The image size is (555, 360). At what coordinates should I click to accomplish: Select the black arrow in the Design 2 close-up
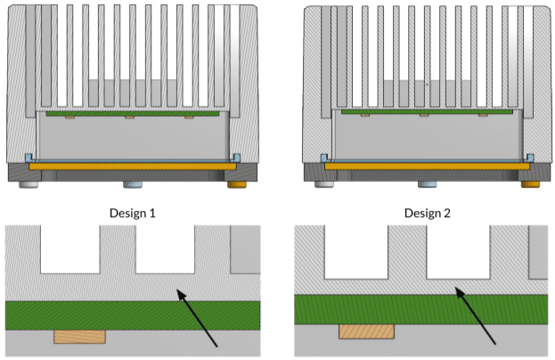pos(477,316)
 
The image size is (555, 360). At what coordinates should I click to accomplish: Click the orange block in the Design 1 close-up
pos(79,336)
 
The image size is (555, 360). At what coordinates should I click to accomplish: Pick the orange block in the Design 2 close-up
pos(366,331)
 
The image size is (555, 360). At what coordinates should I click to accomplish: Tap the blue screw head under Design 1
pos(131,184)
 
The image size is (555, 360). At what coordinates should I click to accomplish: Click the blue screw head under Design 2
pos(427,184)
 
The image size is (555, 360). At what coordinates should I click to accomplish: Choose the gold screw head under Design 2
pos(532,184)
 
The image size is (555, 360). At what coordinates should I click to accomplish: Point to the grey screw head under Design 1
pos(26,184)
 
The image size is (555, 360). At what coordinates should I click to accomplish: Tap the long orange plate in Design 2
pos(427,166)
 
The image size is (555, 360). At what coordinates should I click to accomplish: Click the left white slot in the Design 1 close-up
pos(70,249)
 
